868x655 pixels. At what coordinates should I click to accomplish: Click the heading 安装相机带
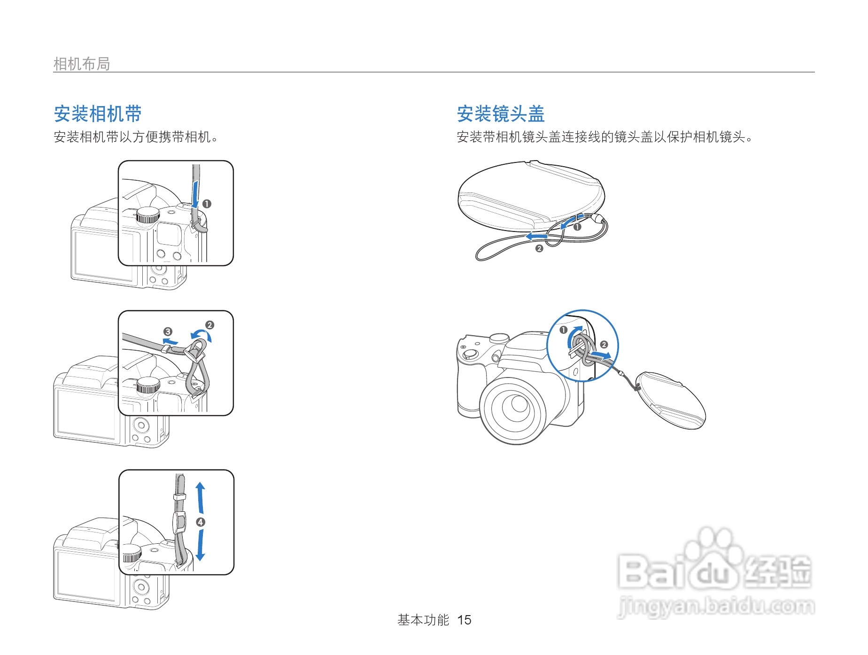(x=98, y=114)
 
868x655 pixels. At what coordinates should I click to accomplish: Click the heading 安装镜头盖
(x=500, y=114)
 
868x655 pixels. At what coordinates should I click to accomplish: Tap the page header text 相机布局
(x=82, y=64)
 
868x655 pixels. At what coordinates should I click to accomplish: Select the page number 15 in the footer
(x=464, y=620)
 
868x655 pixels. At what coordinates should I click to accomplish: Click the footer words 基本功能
(x=423, y=620)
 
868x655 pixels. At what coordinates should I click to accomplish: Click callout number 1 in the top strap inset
(x=207, y=204)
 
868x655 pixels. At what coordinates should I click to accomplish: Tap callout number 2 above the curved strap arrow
(x=209, y=325)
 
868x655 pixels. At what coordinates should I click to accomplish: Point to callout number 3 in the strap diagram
(x=168, y=331)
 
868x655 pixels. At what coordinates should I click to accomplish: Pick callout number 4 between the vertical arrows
(x=201, y=522)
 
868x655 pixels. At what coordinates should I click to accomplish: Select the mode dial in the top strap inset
(x=148, y=215)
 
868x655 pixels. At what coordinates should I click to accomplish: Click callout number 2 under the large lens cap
(x=539, y=248)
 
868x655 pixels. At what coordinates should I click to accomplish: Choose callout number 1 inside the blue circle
(x=564, y=330)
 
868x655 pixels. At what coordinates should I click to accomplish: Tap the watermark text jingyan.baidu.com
(x=716, y=606)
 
